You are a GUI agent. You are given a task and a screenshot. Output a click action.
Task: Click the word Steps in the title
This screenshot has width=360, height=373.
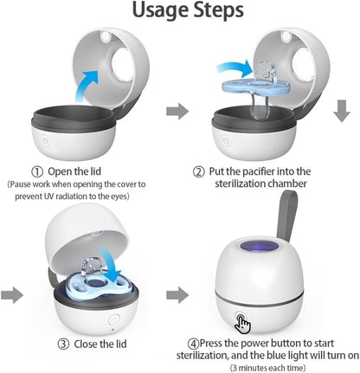click(216, 15)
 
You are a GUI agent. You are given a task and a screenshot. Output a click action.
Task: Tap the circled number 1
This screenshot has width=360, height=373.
click(39, 171)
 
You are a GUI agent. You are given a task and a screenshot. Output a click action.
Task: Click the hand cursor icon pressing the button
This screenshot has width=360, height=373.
click(245, 324)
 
